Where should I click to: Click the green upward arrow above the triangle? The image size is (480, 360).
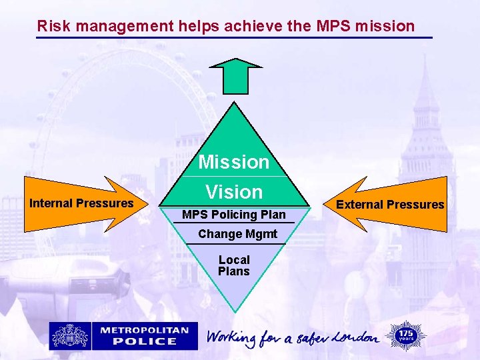[236, 75]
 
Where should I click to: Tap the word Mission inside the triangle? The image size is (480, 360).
[234, 162]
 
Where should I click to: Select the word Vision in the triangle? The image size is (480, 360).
[234, 192]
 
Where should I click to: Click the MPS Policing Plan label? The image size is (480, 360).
[234, 215]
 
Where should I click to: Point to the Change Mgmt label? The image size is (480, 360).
[238, 234]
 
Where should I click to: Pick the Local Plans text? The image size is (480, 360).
[234, 265]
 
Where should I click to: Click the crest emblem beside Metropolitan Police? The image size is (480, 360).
[70, 335]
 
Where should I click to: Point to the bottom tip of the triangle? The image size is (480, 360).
[234, 311]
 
